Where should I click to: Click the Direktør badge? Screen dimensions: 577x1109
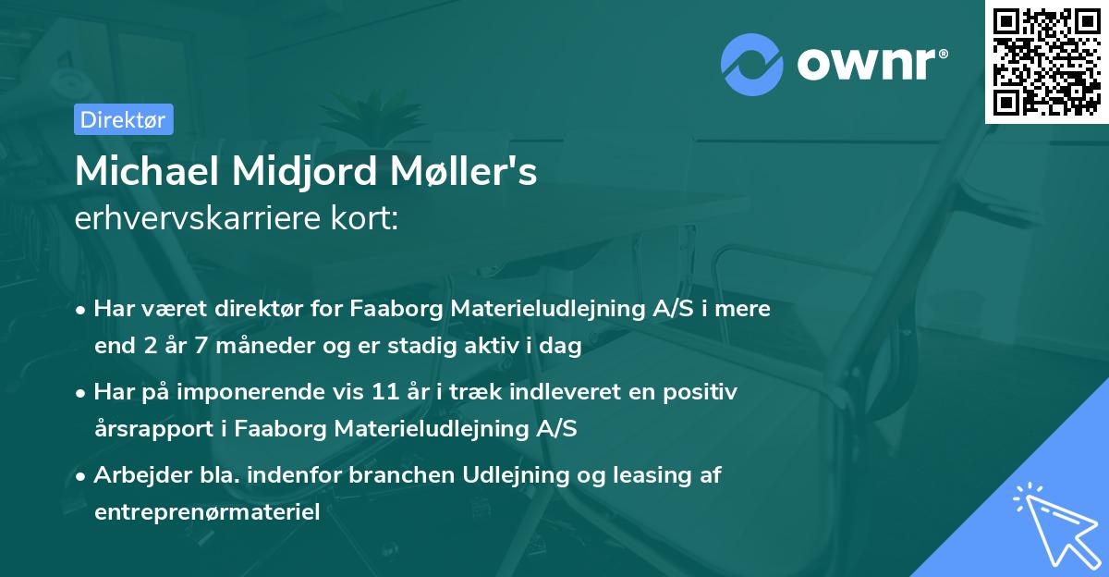pyautogui.click(x=123, y=119)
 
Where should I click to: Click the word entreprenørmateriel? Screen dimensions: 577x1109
pyautogui.click(x=207, y=511)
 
